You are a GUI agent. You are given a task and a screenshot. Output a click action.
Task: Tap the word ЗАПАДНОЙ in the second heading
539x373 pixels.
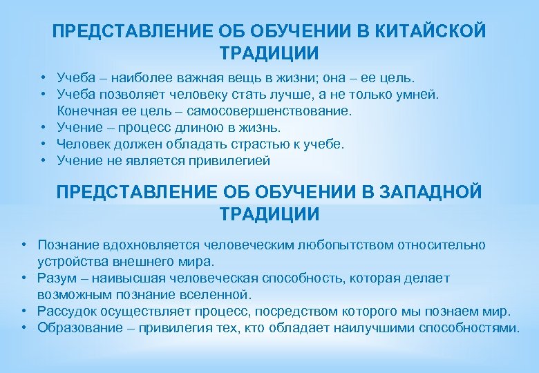[433, 192]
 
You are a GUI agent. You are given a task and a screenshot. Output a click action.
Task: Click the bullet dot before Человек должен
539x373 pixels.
[43, 144]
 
